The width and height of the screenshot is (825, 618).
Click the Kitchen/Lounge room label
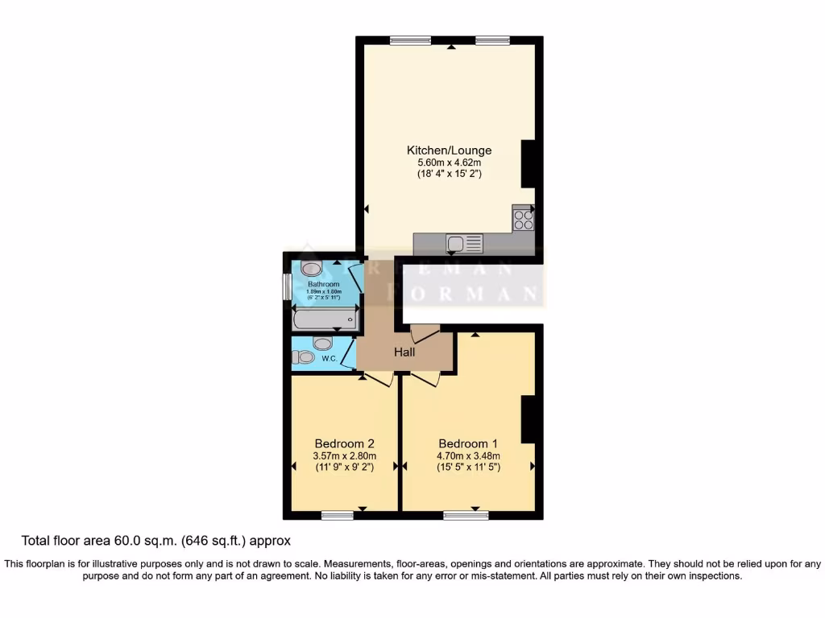[449, 150]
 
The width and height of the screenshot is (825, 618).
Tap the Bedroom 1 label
[468, 443]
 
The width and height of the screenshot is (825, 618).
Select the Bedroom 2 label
[344, 443]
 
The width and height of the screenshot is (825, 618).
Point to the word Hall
[404, 352]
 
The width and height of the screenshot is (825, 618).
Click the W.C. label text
[330, 358]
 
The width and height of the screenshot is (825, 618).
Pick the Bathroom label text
[324, 284]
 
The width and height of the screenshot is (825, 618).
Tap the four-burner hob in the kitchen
[522, 219]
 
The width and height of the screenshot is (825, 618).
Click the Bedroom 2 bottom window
[338, 515]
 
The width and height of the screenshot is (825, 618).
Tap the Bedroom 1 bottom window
[466, 515]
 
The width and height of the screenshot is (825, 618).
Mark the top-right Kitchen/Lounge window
[492, 40]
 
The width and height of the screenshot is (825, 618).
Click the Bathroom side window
[286, 288]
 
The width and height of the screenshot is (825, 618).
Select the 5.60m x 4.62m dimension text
[449, 163]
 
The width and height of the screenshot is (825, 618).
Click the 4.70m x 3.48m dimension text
[468, 455]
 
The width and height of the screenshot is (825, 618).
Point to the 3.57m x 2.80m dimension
[344, 455]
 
